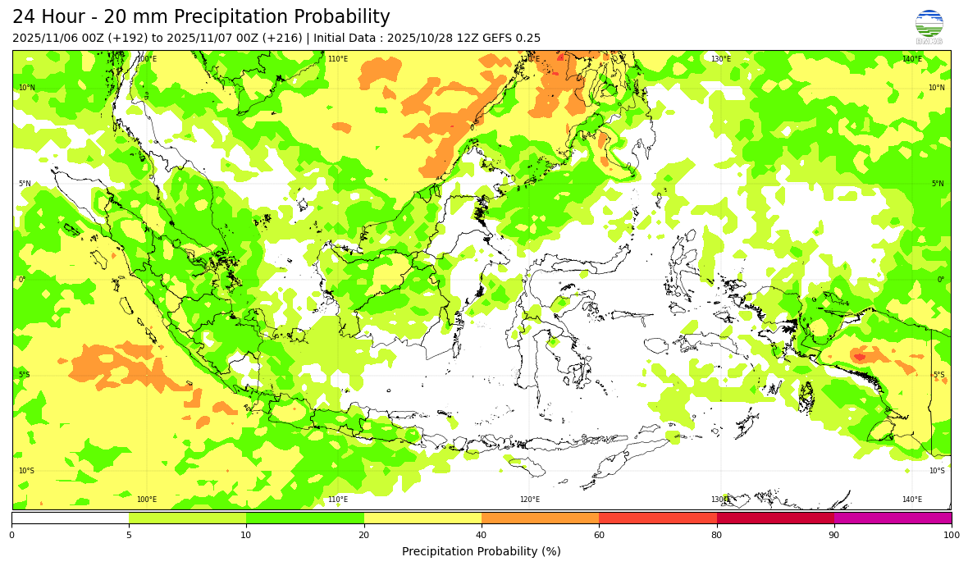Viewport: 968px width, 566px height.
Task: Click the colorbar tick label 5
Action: [129, 535]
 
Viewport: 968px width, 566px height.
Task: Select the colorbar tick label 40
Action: [482, 535]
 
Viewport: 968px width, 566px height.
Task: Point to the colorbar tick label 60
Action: [599, 535]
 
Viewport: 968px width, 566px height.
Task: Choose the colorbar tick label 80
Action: [717, 535]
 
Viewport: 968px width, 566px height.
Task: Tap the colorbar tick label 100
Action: [951, 535]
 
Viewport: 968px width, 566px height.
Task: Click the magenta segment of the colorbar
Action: [893, 518]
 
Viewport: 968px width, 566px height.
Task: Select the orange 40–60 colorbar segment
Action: [540, 518]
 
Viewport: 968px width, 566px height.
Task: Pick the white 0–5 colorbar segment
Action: [70, 518]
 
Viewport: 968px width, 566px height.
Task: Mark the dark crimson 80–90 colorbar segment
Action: [775, 518]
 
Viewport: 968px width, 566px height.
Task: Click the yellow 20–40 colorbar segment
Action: [422, 518]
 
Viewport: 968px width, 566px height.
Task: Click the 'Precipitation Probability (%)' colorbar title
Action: [482, 551]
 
